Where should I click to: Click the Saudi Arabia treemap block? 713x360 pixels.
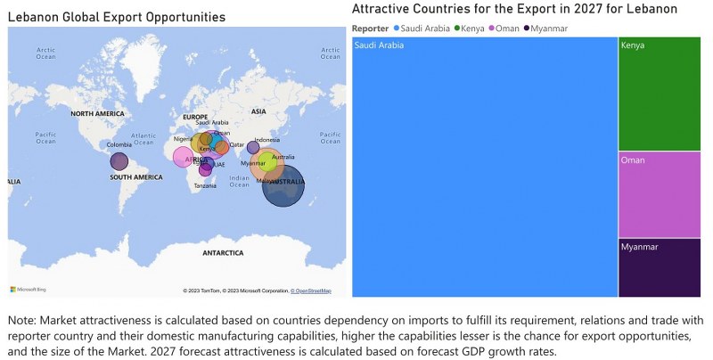pos(485,167)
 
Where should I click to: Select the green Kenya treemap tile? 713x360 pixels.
pos(659,94)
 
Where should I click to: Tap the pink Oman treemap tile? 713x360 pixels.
pos(659,194)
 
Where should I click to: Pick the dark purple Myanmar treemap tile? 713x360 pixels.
pos(659,267)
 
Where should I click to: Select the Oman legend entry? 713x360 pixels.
pos(507,29)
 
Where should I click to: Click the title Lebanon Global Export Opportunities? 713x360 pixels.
pos(116,17)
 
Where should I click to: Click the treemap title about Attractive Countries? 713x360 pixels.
pos(514,9)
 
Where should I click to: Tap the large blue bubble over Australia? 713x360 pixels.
pos(284,185)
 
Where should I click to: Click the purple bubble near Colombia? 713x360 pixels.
pos(119,161)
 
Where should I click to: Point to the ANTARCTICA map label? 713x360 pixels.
pos(223,253)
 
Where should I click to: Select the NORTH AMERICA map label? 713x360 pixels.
pos(97,114)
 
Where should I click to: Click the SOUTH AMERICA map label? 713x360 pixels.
pos(136,177)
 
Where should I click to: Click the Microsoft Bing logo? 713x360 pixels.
pos(29,289)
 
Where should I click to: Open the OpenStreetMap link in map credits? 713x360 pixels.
pos(313,290)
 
